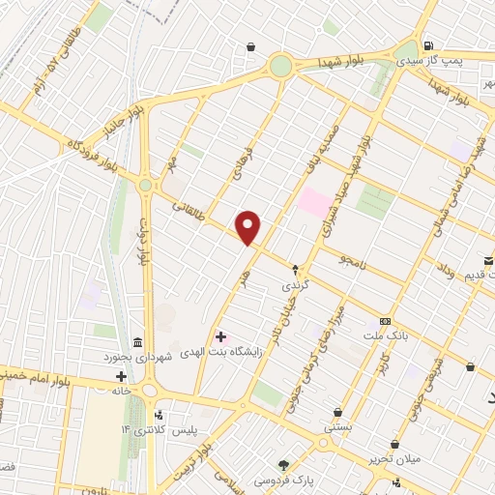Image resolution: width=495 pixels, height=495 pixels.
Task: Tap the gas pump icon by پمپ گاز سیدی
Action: click(427, 45)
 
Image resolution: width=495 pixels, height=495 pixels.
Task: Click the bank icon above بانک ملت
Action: click(386, 321)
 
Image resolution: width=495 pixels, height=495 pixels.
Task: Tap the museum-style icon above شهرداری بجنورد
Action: click(137, 343)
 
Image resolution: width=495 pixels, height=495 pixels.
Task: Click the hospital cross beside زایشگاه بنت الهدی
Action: click(220, 336)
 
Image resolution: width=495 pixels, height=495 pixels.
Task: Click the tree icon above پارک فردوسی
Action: click(283, 465)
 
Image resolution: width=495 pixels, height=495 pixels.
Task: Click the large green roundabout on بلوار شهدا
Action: click(280, 66)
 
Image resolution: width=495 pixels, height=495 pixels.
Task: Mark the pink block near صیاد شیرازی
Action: click(313, 202)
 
